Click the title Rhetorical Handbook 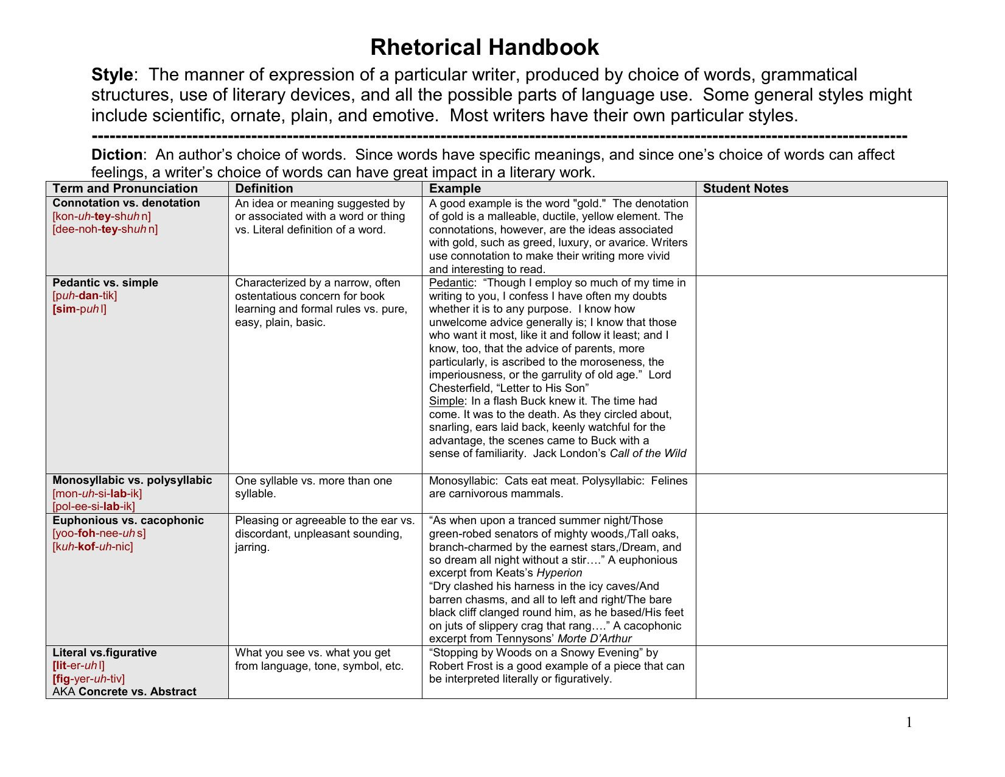pyautogui.click(x=485, y=48)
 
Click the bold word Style pyautogui.click(x=112, y=75)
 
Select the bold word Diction pyautogui.click(x=117, y=155)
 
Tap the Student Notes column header pyautogui.click(x=745, y=189)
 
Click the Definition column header pyautogui.click(x=264, y=189)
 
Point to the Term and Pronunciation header pyautogui.click(x=125, y=189)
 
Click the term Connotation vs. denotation pyautogui.click(x=126, y=203)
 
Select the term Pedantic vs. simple pyautogui.click(x=105, y=283)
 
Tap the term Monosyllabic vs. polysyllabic pyautogui.click(x=132, y=480)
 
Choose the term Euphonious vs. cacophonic pyautogui.click(x=128, y=520)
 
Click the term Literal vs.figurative pyautogui.click(x=105, y=653)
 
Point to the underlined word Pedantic pyautogui.click(x=451, y=283)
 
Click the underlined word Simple pyautogui.click(x=446, y=401)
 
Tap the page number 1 pyautogui.click(x=909, y=723)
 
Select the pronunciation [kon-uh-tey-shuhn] pyautogui.click(x=102, y=216)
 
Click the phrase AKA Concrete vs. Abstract pyautogui.click(x=125, y=692)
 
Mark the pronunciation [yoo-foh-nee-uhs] pyautogui.click(x=99, y=533)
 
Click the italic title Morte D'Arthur pyautogui.click(x=594, y=639)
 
